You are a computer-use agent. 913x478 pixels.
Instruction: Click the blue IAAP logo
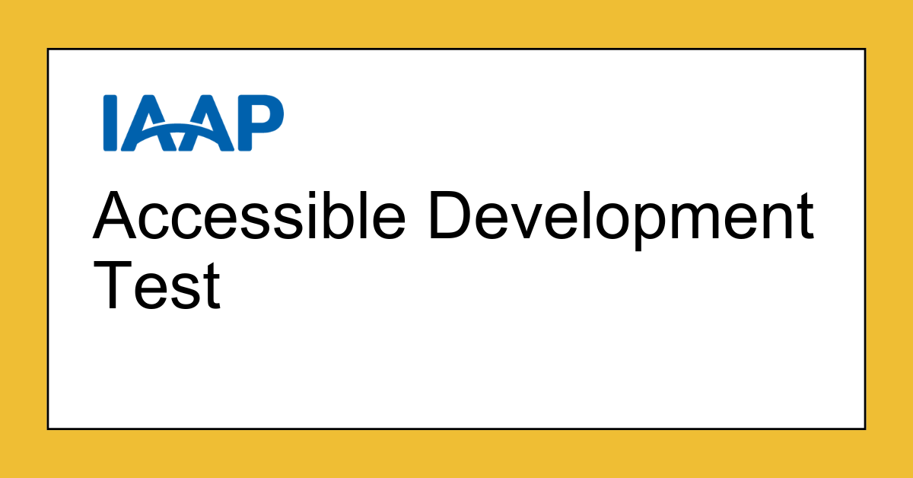[x=193, y=123]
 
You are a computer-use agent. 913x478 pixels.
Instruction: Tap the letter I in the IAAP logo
[x=110, y=123]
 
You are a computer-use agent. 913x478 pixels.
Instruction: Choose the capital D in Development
[x=455, y=215]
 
